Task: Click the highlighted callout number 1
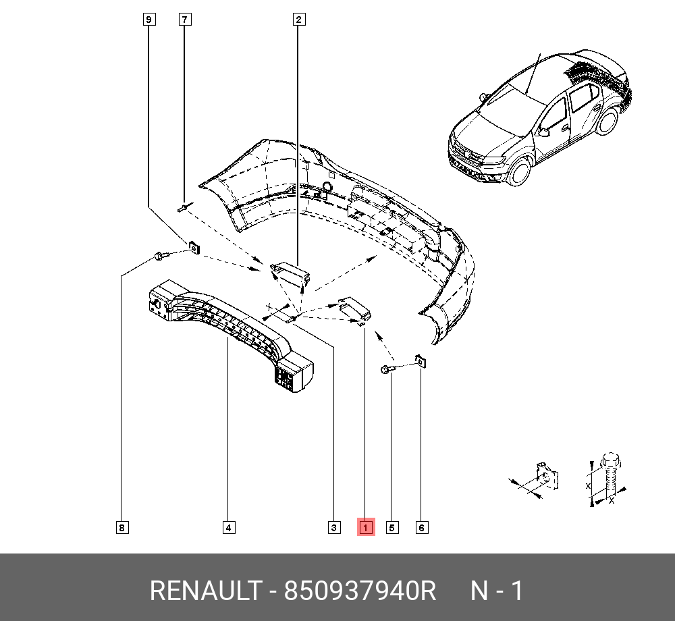366,527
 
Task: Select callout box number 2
299,20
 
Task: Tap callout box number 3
334,528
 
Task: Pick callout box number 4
229,528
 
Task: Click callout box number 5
391,528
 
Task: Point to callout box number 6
422,528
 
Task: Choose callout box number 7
185,20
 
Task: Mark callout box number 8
122,528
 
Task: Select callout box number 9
149,20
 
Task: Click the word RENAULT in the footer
206,591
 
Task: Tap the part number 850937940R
360,591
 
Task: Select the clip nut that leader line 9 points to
194,248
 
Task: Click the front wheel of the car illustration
519,171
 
